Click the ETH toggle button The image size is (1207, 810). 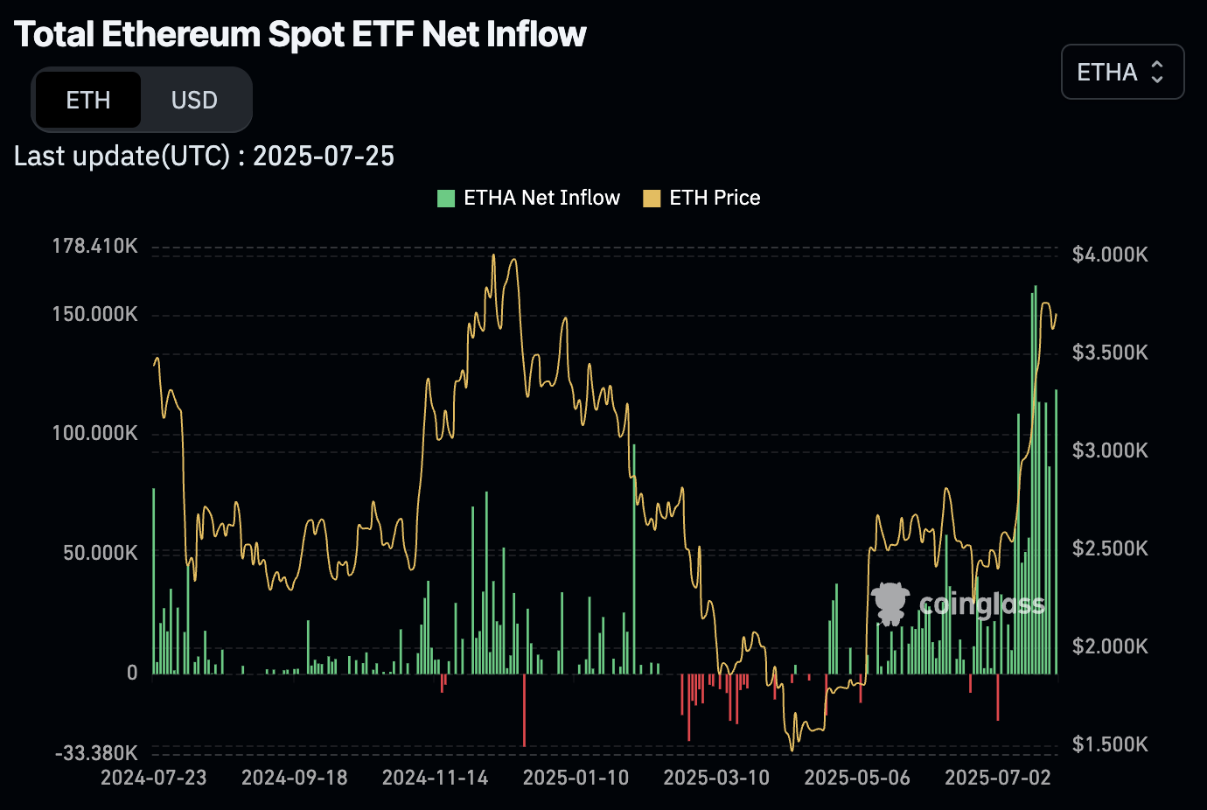(87, 101)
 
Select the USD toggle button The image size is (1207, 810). (194, 101)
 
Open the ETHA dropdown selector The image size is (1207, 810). (1122, 72)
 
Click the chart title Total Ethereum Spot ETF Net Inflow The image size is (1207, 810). (300, 34)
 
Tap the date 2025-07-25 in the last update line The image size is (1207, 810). (324, 156)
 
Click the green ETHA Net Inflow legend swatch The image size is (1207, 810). (446, 199)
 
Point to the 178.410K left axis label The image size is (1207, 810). (94, 246)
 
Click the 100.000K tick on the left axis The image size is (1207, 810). (94, 433)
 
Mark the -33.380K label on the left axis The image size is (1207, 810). (96, 753)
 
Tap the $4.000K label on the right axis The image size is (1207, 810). (1110, 255)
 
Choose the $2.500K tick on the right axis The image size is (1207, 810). (1110, 548)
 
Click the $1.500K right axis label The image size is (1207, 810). (1110, 744)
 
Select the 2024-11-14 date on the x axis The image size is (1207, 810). (435, 778)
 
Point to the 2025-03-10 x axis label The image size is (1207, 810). (716, 778)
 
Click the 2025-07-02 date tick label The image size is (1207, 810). (997, 778)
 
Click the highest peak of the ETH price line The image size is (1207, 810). (493, 255)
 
